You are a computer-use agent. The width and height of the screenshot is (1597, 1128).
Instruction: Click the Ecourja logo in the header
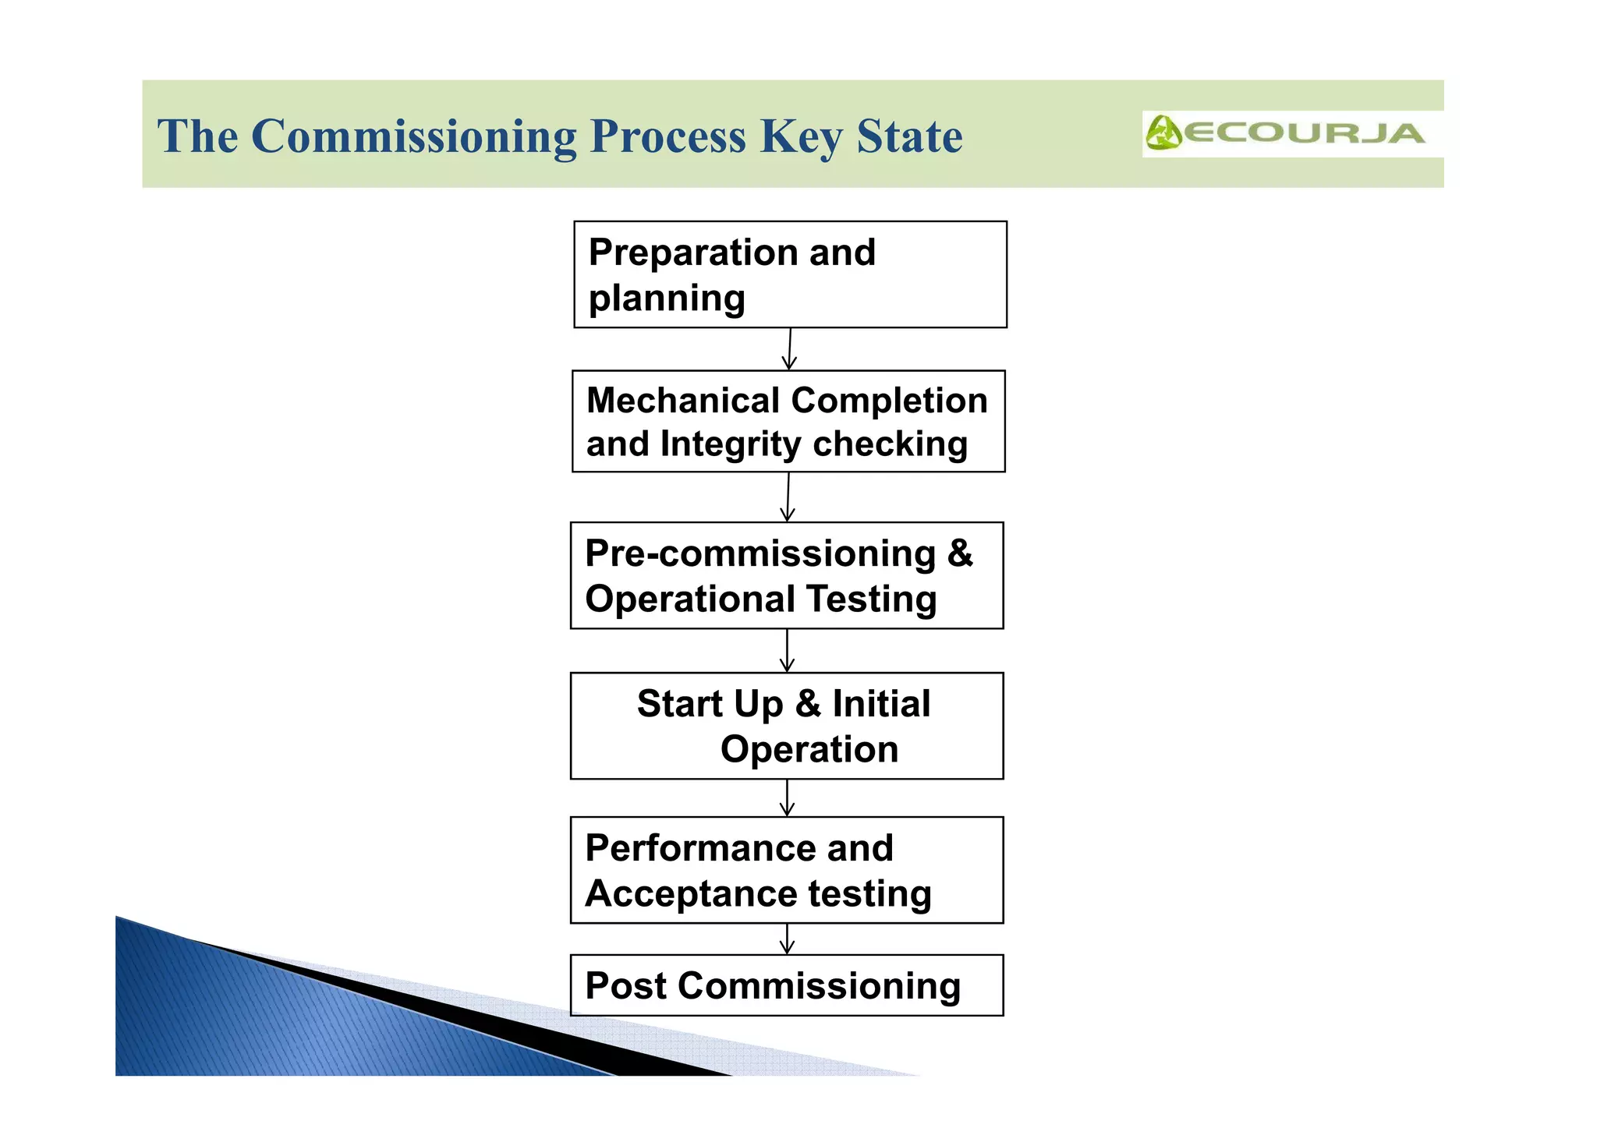(1285, 133)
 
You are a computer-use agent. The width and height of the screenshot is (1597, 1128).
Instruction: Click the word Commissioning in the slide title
(413, 137)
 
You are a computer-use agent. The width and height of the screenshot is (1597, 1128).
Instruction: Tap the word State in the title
(909, 137)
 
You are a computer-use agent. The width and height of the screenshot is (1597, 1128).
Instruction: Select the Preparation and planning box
(790, 274)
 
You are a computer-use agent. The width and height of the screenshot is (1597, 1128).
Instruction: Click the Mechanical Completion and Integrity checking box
(788, 421)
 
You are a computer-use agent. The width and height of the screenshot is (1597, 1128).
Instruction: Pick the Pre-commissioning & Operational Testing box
(787, 575)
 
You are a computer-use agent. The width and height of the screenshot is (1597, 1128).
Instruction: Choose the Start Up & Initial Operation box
(787, 726)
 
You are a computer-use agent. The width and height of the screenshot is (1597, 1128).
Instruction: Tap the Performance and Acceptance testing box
(787, 870)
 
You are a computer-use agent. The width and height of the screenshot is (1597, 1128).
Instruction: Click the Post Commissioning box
(787, 985)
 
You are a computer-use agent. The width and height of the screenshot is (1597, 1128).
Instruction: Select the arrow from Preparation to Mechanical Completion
(789, 349)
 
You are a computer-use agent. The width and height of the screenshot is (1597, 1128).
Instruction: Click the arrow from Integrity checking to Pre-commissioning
(788, 497)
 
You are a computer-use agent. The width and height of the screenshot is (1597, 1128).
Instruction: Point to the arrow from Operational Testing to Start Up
(787, 651)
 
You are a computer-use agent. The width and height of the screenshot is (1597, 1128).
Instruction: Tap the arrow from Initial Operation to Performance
(787, 798)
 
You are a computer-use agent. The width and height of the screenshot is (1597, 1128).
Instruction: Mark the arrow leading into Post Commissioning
(787, 939)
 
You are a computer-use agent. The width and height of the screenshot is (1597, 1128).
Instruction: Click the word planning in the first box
(667, 299)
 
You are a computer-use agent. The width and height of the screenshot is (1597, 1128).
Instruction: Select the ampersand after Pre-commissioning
(960, 553)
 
